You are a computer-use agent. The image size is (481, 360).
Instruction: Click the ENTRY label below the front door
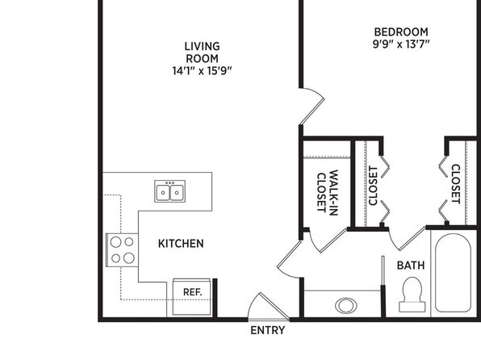click(267, 330)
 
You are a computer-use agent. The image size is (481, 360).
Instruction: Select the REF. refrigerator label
click(193, 292)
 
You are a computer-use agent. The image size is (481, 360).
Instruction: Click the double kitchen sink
click(170, 191)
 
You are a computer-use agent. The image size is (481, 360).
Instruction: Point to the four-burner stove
click(122, 250)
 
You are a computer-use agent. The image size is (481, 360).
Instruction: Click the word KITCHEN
click(181, 244)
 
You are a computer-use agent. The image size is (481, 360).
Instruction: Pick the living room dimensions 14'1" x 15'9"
click(202, 71)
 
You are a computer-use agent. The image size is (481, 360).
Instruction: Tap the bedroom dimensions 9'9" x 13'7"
click(401, 44)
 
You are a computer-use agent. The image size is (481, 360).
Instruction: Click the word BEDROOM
click(401, 32)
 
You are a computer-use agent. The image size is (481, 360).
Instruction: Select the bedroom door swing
click(312, 106)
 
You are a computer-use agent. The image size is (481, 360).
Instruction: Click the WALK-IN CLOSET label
click(328, 193)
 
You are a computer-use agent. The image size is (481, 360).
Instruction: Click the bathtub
click(453, 273)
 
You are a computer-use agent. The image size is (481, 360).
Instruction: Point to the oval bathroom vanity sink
click(346, 306)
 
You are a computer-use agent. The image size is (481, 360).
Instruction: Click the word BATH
click(411, 266)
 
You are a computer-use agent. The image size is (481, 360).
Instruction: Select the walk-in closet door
click(328, 241)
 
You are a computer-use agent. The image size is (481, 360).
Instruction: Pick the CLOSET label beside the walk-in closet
click(373, 186)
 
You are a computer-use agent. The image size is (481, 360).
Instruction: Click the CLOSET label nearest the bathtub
click(456, 184)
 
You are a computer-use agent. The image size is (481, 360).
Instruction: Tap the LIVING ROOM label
click(202, 52)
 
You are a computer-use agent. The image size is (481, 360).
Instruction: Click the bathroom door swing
click(408, 239)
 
